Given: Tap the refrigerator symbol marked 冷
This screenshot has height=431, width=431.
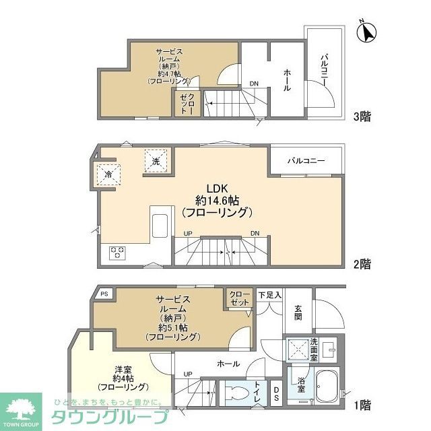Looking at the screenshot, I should click(x=109, y=175).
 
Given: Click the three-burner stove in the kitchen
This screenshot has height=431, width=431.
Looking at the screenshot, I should click(x=117, y=253).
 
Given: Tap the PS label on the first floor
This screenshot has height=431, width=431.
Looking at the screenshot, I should click(x=104, y=294).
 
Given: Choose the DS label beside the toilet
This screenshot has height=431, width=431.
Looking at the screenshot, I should click(x=277, y=392).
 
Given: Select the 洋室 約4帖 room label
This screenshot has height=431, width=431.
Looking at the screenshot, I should click(x=123, y=378).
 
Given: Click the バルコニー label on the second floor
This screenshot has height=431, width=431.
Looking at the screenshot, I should click(x=306, y=162).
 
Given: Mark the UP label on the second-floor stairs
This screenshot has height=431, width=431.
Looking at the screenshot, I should click(x=188, y=233).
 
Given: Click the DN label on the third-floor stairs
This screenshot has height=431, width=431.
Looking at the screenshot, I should click(x=254, y=84).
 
